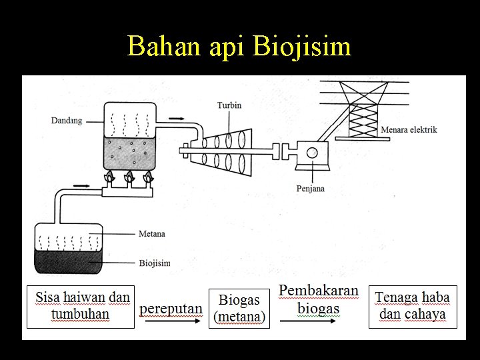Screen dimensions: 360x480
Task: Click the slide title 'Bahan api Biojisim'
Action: point(239,46)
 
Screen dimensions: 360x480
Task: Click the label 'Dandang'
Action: point(67,121)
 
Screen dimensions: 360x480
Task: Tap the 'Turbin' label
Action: point(229,105)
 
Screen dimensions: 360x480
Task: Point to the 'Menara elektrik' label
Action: point(409,130)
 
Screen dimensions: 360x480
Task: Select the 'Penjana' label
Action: point(311,189)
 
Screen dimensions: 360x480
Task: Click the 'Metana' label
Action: point(152,234)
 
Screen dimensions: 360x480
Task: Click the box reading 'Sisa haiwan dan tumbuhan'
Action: point(81,306)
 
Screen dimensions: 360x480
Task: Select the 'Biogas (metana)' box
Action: point(239,308)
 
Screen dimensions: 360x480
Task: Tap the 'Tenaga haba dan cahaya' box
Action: point(413,306)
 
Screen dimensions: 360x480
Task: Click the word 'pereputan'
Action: point(171,309)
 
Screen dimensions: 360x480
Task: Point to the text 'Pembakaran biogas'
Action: point(318,300)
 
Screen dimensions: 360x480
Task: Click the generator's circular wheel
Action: point(312,153)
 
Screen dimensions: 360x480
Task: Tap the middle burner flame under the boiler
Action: point(128,179)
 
